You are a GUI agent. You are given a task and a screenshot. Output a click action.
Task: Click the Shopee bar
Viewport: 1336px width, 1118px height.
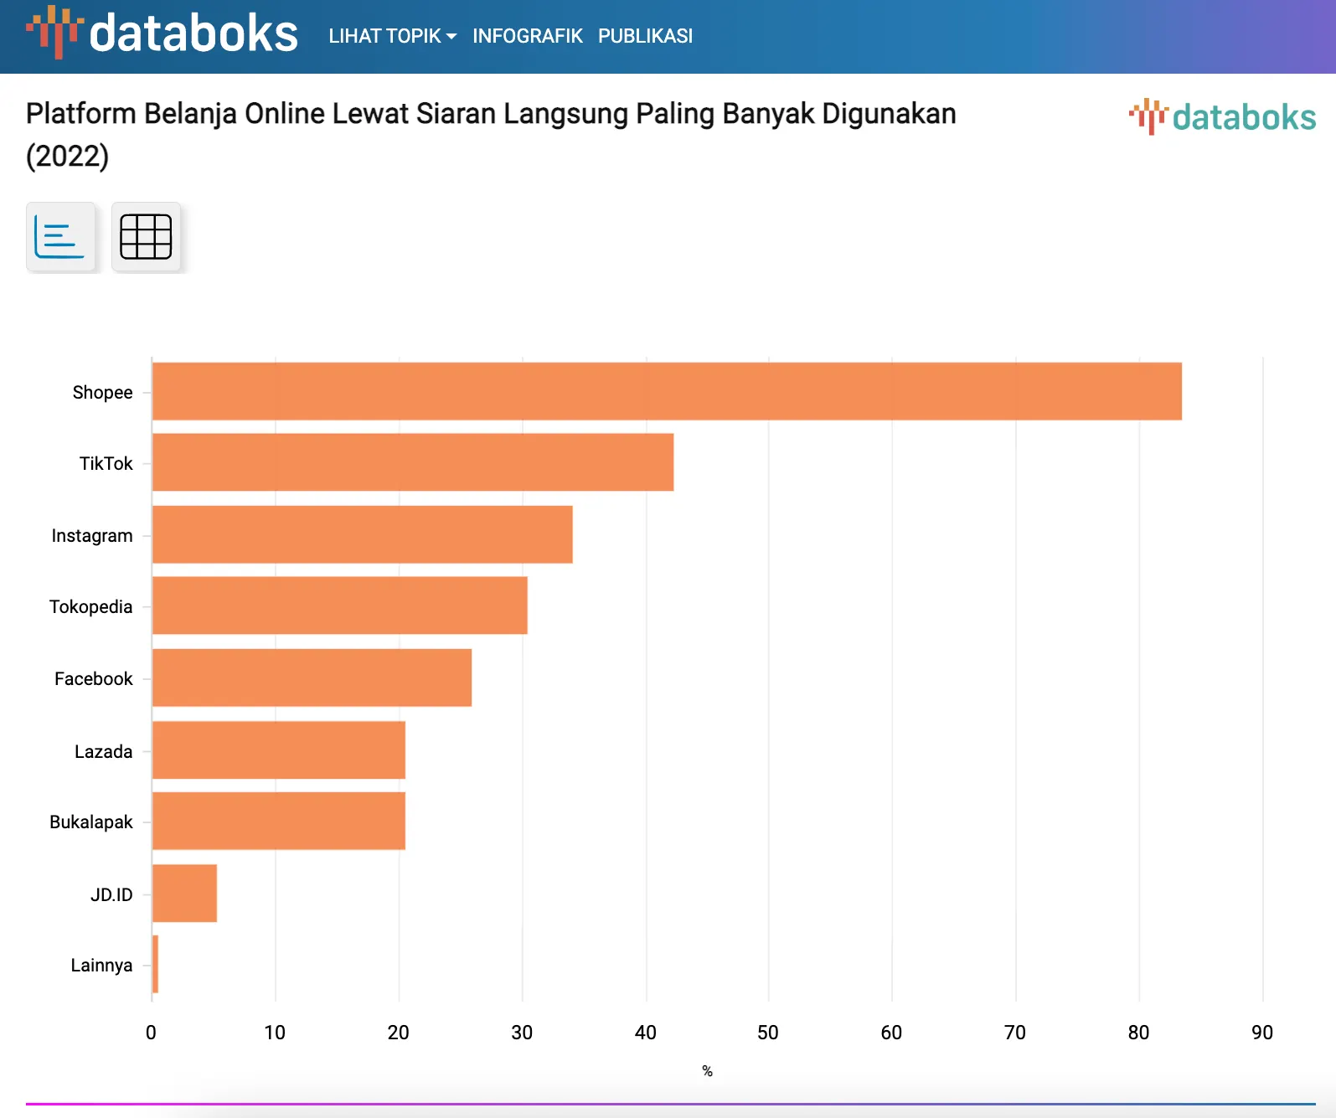point(667,391)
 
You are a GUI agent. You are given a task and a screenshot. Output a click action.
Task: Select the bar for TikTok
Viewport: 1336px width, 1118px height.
point(413,462)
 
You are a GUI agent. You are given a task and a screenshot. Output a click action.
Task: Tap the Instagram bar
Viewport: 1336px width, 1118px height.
point(363,534)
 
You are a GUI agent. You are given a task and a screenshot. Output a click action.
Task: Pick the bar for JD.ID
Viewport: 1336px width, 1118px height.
point(185,894)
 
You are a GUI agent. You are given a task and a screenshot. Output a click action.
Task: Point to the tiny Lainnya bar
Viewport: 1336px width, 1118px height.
point(156,964)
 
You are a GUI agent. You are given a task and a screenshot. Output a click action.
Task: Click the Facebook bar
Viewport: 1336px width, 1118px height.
point(312,677)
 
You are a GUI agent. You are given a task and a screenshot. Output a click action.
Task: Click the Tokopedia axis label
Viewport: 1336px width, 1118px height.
point(90,606)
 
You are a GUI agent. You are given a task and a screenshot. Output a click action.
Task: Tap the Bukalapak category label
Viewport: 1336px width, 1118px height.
point(90,822)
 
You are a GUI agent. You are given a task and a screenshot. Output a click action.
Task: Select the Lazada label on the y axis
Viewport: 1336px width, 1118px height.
point(103,751)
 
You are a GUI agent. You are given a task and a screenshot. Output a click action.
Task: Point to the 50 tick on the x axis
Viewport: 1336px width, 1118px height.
point(768,1033)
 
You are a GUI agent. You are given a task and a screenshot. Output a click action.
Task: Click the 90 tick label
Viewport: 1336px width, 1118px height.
point(1262,1033)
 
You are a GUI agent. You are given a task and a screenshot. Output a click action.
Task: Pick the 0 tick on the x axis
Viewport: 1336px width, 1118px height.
point(151,1033)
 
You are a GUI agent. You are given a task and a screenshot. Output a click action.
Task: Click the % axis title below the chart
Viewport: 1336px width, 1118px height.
point(707,1071)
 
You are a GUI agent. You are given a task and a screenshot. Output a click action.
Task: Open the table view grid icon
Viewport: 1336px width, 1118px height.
point(146,237)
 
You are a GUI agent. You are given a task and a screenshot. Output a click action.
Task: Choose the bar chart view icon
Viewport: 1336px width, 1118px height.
point(60,237)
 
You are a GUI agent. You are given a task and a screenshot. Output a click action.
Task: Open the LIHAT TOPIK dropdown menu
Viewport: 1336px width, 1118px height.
point(392,36)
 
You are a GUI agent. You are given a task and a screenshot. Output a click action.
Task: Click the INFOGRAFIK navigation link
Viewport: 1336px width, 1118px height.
point(527,36)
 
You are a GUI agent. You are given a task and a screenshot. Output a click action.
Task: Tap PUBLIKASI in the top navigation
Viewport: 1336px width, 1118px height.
point(645,36)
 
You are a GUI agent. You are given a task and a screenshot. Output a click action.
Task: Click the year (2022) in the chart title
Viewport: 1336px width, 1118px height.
point(67,156)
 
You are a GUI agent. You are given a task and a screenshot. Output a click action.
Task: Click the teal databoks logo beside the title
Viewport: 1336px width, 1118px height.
point(1223,117)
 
